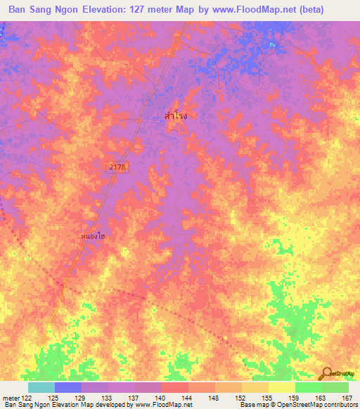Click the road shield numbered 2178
click(x=118, y=166)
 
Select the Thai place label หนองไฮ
click(x=93, y=238)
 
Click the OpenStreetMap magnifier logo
click(x=326, y=374)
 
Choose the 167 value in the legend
click(x=347, y=397)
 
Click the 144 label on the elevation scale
click(x=187, y=397)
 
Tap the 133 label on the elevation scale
click(x=106, y=397)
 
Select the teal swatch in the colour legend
click(x=41, y=387)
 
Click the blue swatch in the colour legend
click(x=68, y=387)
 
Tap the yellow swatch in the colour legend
click(x=282, y=387)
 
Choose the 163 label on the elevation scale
click(x=321, y=397)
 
